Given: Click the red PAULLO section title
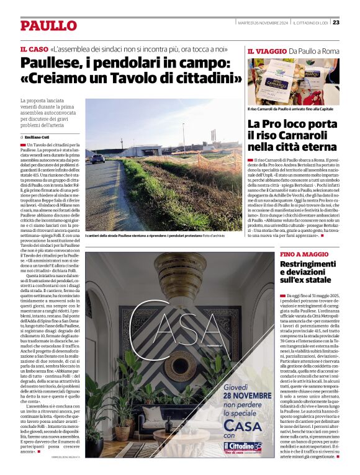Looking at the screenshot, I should (48, 25).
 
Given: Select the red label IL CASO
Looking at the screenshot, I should (34, 48).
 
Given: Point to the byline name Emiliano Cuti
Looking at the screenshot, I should (38, 137).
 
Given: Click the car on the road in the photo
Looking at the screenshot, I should (98, 159).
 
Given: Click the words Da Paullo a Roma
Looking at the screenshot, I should (310, 51).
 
